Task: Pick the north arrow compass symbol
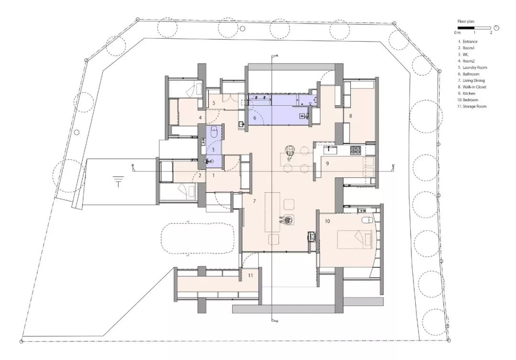496,28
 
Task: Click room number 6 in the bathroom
255,117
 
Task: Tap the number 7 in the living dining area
254,201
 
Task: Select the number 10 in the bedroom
327,221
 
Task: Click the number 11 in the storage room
250,275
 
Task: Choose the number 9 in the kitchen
327,164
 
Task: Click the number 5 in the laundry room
214,103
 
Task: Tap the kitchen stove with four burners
356,150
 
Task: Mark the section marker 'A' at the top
276,56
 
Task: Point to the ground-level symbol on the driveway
118,181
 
